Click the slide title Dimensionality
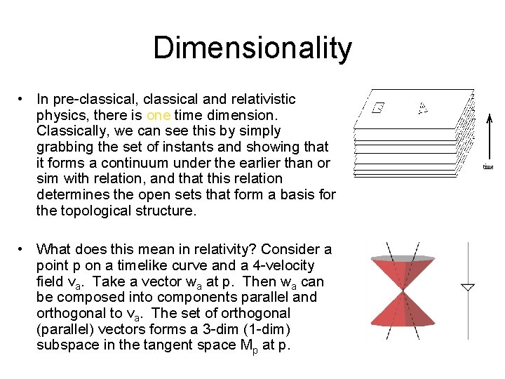[252, 48]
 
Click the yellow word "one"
[159, 115]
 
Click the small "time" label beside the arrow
[487, 167]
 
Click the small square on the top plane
[377, 109]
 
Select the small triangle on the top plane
[423, 107]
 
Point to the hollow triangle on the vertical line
[468, 288]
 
